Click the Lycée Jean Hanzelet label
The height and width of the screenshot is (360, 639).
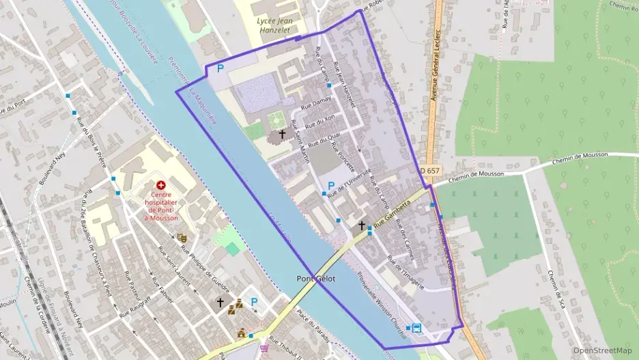click(x=272, y=25)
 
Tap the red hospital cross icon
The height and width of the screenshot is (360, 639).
click(x=161, y=185)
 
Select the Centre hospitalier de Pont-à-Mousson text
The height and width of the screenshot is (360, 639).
click(x=161, y=206)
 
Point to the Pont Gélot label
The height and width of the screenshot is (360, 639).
click(x=315, y=279)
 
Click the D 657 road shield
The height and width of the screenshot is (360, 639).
click(x=430, y=170)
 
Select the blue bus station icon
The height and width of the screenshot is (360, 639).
click(x=416, y=327)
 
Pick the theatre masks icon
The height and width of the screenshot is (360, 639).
click(x=182, y=238)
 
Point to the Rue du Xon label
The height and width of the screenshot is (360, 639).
click(x=321, y=123)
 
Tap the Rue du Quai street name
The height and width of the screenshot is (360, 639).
click(x=324, y=140)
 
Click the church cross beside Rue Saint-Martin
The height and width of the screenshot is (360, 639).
click(x=281, y=135)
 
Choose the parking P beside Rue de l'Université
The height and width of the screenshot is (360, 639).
click(x=331, y=186)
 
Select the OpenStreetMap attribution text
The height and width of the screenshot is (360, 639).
click(x=602, y=350)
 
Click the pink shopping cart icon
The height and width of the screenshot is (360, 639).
click(x=264, y=348)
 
